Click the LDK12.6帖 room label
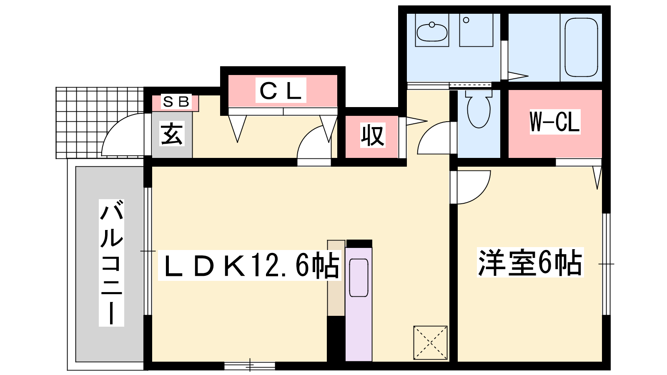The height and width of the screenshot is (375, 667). pyautogui.click(x=250, y=265)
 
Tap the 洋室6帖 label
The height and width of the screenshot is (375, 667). pyautogui.click(x=530, y=262)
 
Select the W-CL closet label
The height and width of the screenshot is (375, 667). pyautogui.click(x=555, y=122)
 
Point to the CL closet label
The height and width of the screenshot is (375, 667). pyautogui.click(x=281, y=90)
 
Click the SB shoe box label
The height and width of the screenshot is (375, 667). pyautogui.click(x=176, y=102)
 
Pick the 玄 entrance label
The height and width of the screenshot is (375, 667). pyautogui.click(x=171, y=134)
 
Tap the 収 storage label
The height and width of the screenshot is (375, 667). pyautogui.click(x=373, y=135)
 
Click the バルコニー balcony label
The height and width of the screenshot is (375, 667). pyautogui.click(x=111, y=263)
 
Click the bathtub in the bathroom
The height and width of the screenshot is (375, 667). pyautogui.click(x=581, y=47)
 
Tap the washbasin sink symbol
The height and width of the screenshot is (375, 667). pyautogui.click(x=432, y=32)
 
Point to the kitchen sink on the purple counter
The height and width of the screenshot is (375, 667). pyautogui.click(x=359, y=277)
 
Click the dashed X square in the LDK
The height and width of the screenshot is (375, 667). pyautogui.click(x=430, y=342)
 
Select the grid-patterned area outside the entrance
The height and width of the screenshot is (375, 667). pyautogui.click(x=100, y=122)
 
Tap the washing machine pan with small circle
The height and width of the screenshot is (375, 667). pyautogui.click(x=476, y=30)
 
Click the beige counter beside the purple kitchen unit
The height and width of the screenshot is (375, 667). pyautogui.click(x=336, y=278)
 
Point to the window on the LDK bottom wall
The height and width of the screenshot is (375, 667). pyautogui.click(x=250, y=365)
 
